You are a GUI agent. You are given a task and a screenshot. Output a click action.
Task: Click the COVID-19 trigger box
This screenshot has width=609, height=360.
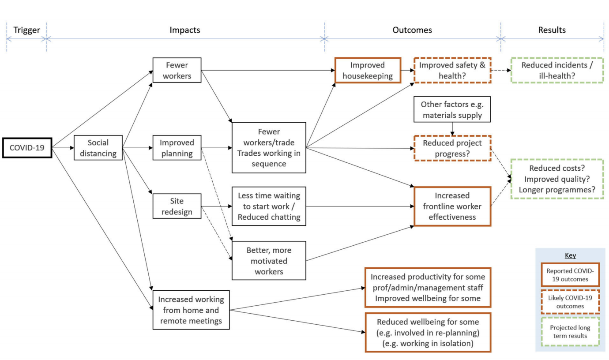27,148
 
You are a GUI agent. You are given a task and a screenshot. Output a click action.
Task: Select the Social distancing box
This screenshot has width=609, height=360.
98,148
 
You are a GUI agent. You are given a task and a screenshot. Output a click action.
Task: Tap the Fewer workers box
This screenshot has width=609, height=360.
177,70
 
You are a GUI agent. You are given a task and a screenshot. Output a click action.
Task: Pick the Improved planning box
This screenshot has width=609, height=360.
177,148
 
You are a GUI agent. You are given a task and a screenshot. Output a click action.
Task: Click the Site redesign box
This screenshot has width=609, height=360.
177,206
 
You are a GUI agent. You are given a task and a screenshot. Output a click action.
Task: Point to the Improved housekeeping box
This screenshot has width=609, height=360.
368,70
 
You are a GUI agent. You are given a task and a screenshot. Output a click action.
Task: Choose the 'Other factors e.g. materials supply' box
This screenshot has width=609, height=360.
452,109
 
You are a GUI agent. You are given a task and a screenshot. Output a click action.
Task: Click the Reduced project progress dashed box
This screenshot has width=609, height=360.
452,148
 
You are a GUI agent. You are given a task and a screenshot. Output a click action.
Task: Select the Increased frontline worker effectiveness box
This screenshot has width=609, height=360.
452,206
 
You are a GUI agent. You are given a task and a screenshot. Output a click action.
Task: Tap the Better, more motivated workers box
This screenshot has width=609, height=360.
269,261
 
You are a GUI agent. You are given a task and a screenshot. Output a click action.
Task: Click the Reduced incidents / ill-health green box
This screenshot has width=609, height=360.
557,70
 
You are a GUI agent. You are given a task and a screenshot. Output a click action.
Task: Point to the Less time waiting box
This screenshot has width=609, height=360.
269,206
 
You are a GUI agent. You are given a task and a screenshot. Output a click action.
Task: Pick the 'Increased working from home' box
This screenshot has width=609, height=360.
191,310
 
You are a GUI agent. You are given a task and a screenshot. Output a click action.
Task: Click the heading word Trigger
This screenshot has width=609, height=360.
26,30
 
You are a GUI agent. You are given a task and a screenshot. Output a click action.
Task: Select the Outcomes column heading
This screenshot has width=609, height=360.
412,30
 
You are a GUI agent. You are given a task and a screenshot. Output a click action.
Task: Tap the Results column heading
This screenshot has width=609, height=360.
552,30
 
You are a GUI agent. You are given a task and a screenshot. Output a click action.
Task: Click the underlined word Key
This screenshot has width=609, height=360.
570,255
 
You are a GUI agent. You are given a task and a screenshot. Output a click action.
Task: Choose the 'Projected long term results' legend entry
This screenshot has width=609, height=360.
570,331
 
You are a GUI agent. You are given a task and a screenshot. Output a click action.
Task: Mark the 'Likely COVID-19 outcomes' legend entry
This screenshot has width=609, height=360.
570,302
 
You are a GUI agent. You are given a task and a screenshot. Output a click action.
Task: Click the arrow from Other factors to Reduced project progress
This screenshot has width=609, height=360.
452,129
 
